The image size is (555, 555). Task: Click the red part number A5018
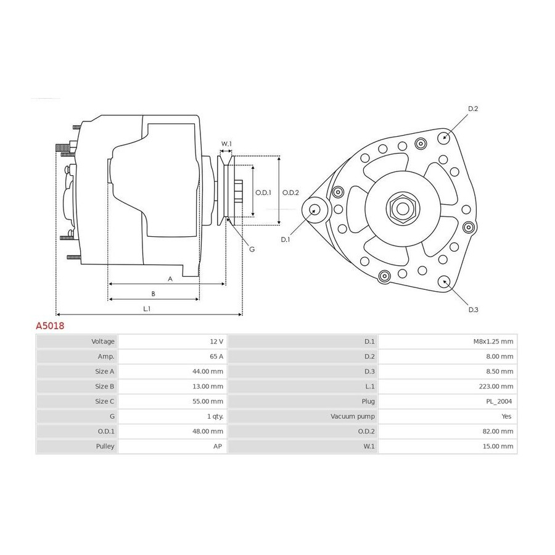(50, 326)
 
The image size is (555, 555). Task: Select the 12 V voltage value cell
(216, 342)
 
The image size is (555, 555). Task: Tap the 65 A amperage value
(216, 356)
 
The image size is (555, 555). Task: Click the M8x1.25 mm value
(493, 342)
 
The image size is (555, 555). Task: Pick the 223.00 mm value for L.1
(496, 387)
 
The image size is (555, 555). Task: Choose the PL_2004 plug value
(499, 401)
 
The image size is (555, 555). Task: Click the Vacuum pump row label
(353, 416)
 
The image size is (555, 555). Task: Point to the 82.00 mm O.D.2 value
(498, 431)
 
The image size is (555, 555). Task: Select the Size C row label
(104, 401)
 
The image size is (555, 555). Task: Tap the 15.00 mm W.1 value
(498, 446)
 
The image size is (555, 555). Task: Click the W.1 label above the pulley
(226, 144)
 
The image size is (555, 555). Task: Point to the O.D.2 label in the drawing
(290, 192)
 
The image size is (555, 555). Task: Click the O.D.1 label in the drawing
(263, 192)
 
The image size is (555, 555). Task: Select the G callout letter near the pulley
(252, 249)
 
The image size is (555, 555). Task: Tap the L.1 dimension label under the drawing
(147, 309)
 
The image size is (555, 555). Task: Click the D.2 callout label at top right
(473, 109)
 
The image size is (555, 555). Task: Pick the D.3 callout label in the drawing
(473, 310)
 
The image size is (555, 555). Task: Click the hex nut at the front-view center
(403, 208)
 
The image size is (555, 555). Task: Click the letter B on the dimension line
(154, 294)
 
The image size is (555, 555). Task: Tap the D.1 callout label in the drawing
(285, 240)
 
